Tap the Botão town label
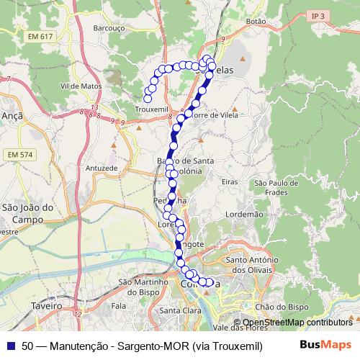(256, 22)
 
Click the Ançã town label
(13, 115)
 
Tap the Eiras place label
(230, 184)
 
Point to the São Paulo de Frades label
(271, 188)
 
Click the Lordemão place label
(244, 214)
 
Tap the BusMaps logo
(325, 345)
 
